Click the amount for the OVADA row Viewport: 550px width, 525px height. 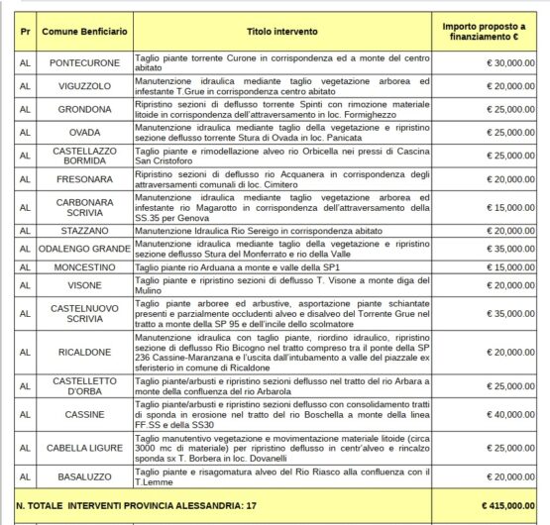pyautogui.click(x=509, y=133)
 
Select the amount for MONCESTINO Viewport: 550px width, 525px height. pyautogui.click(x=509, y=266)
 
